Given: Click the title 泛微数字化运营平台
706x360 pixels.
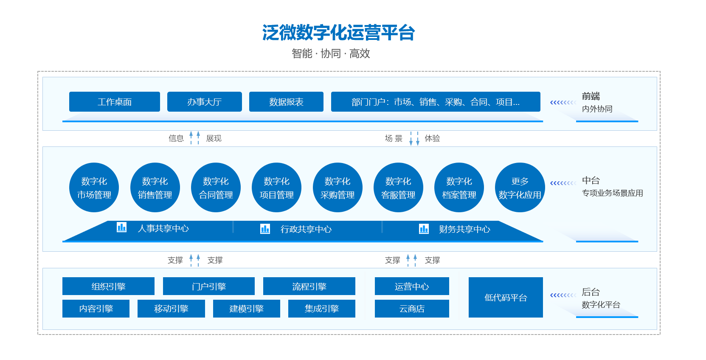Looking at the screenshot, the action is click(338, 32).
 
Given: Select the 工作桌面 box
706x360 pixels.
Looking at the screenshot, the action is click(114, 101).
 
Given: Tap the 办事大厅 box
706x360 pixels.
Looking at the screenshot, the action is click(205, 101).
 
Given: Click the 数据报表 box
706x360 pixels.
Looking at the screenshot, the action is click(286, 101).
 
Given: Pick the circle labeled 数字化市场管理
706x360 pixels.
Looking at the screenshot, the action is click(94, 188).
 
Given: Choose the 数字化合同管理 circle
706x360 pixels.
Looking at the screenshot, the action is click(216, 188).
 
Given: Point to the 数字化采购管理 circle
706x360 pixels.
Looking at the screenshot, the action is click(337, 188).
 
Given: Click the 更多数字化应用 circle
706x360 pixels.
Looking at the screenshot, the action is click(520, 188).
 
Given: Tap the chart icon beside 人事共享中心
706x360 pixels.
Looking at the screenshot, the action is click(122, 227).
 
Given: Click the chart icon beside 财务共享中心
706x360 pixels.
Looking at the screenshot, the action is click(424, 229).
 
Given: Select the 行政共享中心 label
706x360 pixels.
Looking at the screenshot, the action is click(306, 229).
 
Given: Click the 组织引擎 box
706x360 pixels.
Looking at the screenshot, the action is click(108, 286).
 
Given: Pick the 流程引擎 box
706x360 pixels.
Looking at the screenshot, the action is click(309, 286).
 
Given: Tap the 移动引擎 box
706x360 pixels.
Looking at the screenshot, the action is click(171, 308).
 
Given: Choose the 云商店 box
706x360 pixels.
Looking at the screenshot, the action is click(412, 308).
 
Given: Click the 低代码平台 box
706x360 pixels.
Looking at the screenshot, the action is click(506, 297).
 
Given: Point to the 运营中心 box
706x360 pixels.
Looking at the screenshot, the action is click(412, 286).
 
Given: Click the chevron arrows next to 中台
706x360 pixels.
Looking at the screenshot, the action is click(563, 183).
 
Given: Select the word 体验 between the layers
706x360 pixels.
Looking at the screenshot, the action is click(432, 138).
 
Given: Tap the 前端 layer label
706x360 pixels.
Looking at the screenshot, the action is click(591, 96).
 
